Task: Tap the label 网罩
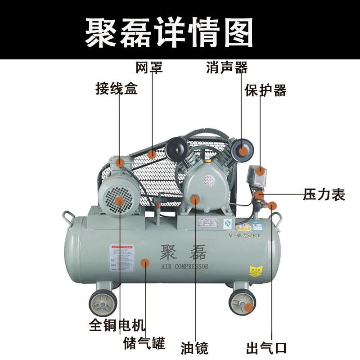point(149,68)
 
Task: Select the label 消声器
point(227,68)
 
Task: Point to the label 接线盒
point(117,88)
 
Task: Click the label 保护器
point(265,90)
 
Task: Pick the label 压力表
point(324,195)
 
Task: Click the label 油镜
point(195,348)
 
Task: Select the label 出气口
point(266,348)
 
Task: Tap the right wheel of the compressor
point(243,302)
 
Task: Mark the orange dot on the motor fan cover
point(119,200)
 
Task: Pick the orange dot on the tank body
point(144,263)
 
